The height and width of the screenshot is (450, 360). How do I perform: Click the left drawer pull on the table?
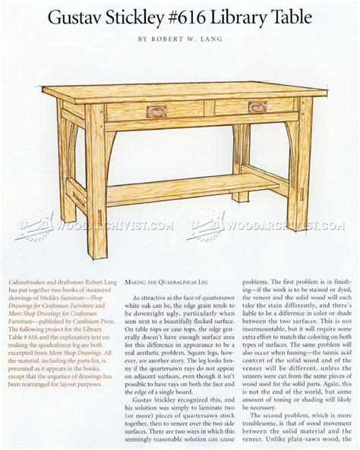point(157,111)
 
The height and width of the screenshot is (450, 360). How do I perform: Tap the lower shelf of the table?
point(190,187)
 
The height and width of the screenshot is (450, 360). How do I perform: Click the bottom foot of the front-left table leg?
point(96,231)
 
